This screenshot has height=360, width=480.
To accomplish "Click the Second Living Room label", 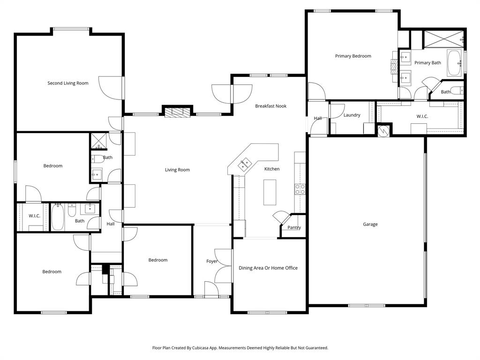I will tap(68, 83).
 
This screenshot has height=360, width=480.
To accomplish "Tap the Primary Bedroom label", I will tap(353, 56).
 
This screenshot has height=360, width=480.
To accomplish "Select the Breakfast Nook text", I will tap(270, 106).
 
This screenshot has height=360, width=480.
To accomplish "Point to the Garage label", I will tap(370, 225).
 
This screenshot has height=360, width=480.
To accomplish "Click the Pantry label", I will tap(294, 228).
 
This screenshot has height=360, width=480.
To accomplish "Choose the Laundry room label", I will tap(352, 115).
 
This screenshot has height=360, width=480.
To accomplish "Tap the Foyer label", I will tap(212, 261).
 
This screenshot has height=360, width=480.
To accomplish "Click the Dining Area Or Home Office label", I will tap(268, 268).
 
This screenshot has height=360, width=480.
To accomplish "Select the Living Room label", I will tap(177, 170).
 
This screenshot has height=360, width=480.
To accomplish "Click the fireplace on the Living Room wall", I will tap(178, 112).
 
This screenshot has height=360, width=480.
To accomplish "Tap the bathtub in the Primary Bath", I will tap(454, 63).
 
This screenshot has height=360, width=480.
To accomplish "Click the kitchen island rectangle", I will tap(270, 193).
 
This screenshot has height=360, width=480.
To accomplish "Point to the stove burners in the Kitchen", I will tap(300, 189).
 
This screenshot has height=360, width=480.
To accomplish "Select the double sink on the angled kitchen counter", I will tap(244, 164).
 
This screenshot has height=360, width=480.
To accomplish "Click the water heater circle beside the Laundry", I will tap(384, 131).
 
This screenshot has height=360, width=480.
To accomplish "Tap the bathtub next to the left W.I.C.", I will tap(58, 217).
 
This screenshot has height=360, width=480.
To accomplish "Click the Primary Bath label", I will tap(427, 63).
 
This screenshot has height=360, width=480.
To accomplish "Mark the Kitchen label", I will tap(272, 169).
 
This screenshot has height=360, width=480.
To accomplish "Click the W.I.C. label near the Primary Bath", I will tap(422, 116).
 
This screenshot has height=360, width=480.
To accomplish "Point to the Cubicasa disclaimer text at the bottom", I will tap(240, 348).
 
